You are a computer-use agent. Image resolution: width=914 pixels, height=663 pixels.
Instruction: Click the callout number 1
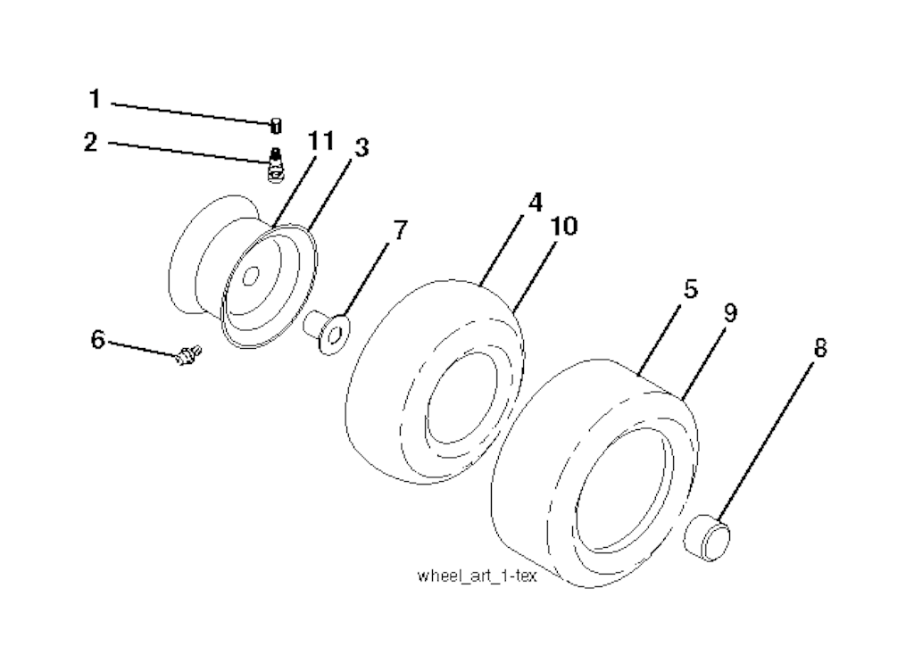click(x=95, y=98)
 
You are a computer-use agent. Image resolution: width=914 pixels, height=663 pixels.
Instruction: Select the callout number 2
click(x=90, y=141)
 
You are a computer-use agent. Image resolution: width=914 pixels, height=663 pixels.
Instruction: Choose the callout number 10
click(x=563, y=227)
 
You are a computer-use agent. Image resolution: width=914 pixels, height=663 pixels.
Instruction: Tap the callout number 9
click(x=729, y=312)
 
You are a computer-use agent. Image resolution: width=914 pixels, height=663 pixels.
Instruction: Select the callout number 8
click(x=818, y=348)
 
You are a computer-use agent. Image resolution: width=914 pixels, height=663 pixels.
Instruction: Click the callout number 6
click(x=98, y=339)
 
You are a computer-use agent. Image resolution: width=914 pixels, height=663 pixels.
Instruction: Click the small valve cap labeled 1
click(x=276, y=125)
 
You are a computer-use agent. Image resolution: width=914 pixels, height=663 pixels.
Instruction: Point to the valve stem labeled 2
click(x=276, y=165)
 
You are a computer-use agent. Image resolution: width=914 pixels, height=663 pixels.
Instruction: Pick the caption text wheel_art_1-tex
click(x=477, y=576)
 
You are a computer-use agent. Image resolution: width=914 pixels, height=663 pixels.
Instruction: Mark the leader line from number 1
click(x=192, y=112)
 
